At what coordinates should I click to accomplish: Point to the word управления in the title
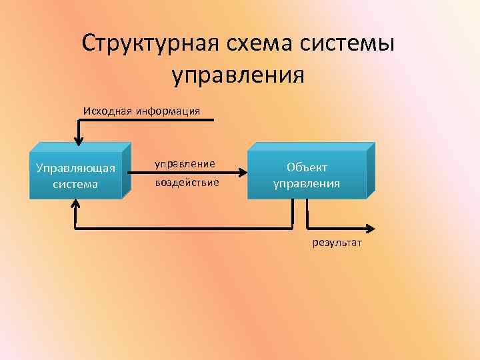tap(239, 74)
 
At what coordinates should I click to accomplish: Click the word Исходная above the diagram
tap(107, 110)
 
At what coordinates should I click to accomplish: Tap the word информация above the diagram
tap(167, 110)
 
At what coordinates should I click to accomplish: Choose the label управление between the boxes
tap(185, 163)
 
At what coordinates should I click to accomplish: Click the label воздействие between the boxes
tap(187, 182)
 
